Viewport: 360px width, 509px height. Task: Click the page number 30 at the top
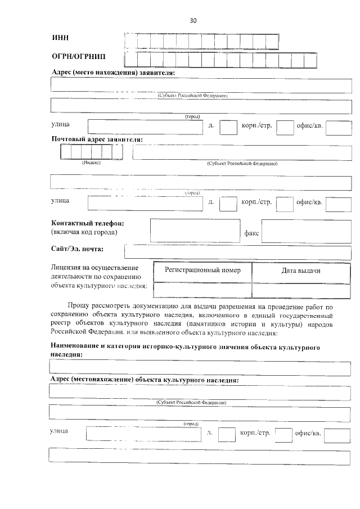coord(193,21)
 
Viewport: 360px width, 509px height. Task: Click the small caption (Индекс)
coord(91,163)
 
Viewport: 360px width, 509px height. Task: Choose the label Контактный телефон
coord(87,223)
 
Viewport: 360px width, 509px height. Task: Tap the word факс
coord(251,233)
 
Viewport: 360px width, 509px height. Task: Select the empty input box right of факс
coord(306,231)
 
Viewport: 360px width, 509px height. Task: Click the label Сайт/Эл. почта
coord(81,249)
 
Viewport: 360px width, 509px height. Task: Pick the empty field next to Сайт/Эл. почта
coord(237,253)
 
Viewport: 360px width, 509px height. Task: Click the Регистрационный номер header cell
coord(202,271)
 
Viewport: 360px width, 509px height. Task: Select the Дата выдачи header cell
coord(301,271)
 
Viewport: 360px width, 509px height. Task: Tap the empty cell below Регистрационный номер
coord(202,289)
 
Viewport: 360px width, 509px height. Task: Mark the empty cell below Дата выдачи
coord(301,289)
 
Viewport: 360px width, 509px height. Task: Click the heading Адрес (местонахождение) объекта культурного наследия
coord(144,380)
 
